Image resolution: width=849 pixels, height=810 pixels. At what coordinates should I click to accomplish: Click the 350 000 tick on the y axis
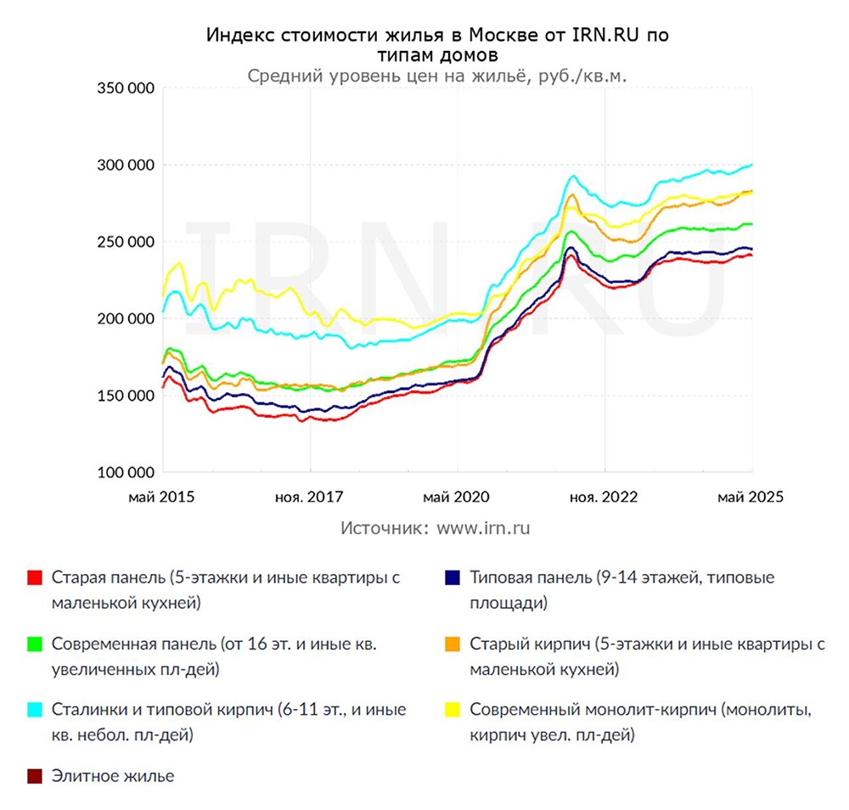click(x=123, y=88)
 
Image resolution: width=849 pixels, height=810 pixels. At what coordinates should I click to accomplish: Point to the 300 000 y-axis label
click(x=123, y=165)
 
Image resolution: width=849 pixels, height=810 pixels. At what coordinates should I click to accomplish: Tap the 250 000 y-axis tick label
click(x=123, y=242)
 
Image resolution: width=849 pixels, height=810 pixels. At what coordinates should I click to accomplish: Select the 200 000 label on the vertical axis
click(x=123, y=318)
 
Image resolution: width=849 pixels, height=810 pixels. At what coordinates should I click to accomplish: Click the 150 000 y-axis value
click(x=123, y=396)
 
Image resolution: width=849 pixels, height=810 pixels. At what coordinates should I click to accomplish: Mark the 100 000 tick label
click(x=123, y=472)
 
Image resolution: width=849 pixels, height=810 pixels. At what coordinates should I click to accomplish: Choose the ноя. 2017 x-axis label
click(x=311, y=497)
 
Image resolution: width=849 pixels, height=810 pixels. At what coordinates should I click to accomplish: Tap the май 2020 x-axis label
click(x=457, y=497)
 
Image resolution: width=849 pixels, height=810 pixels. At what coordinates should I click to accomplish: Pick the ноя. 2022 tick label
click(x=604, y=497)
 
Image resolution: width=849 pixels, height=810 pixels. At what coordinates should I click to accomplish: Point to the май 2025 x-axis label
click(x=751, y=497)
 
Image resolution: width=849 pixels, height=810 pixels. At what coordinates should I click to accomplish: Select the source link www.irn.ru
click(x=484, y=527)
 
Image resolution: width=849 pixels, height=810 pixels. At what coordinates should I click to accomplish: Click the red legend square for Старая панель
click(x=35, y=578)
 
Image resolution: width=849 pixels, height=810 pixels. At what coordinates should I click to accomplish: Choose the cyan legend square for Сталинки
click(x=35, y=710)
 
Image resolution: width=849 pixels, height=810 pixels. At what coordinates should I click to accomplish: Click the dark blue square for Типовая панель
click(x=453, y=578)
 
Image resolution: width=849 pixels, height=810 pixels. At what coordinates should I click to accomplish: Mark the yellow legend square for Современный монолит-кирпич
click(x=453, y=710)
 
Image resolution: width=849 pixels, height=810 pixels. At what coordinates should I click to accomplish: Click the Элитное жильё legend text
click(x=113, y=776)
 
